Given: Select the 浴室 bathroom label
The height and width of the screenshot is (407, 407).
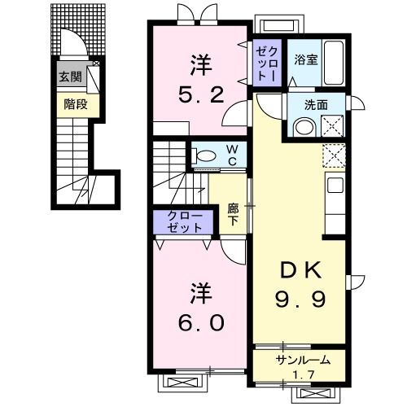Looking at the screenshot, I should [x=305, y=60].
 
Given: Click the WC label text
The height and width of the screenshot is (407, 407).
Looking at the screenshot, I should [x=232, y=154].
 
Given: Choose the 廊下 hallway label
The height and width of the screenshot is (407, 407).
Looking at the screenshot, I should [x=232, y=213].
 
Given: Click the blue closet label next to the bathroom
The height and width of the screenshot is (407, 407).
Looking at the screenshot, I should [x=266, y=62].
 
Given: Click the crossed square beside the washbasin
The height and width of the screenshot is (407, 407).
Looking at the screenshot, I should [x=332, y=127].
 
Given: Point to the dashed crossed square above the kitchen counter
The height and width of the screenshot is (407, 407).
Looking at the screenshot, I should [x=334, y=155].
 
